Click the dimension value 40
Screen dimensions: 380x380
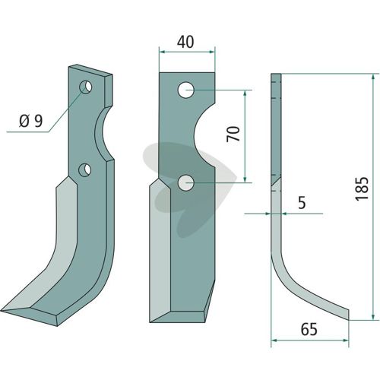click(185, 42)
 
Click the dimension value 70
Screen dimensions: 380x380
click(233, 134)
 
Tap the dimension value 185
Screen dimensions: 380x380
click(362, 188)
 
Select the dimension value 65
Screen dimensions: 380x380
click(309, 329)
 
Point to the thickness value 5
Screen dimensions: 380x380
click(302, 203)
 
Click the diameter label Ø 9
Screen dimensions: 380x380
click(31, 121)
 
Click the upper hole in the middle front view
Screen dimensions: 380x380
click(186, 90)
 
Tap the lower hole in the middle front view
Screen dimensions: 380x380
click(186, 182)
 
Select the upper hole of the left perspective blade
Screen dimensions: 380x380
click(86, 87)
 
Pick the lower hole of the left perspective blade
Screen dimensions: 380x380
click(84, 170)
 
